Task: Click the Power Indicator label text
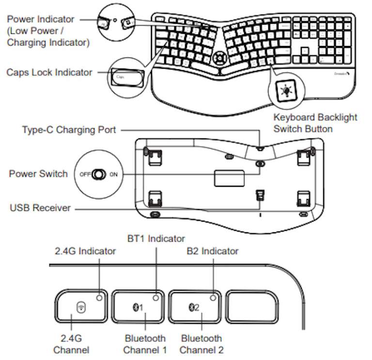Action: (x=41, y=19)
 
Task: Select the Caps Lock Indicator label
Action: (x=49, y=72)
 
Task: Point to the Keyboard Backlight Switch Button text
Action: (x=315, y=123)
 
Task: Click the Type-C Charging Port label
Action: (x=69, y=130)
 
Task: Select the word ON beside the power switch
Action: (x=114, y=174)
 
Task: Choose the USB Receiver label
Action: (x=40, y=208)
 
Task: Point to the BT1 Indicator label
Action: (x=156, y=238)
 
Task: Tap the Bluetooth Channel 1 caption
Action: (x=145, y=344)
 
